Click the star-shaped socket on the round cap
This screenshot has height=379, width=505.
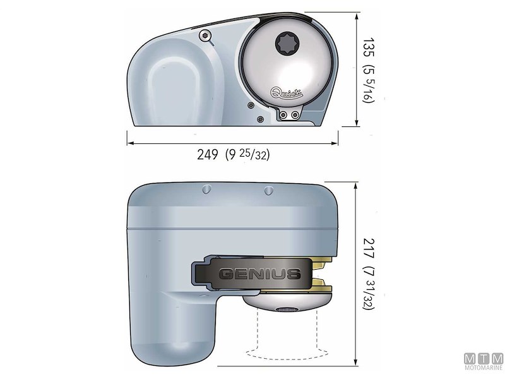click(x=285, y=45)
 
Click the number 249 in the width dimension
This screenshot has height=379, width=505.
click(x=206, y=155)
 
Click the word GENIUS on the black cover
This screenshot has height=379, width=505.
click(x=259, y=274)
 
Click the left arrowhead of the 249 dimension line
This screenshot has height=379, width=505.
click(x=130, y=143)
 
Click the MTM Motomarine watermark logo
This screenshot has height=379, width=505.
click(x=484, y=361)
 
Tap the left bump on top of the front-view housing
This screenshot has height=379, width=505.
click(x=205, y=189)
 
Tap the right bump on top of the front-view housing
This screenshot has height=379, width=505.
click(x=268, y=189)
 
